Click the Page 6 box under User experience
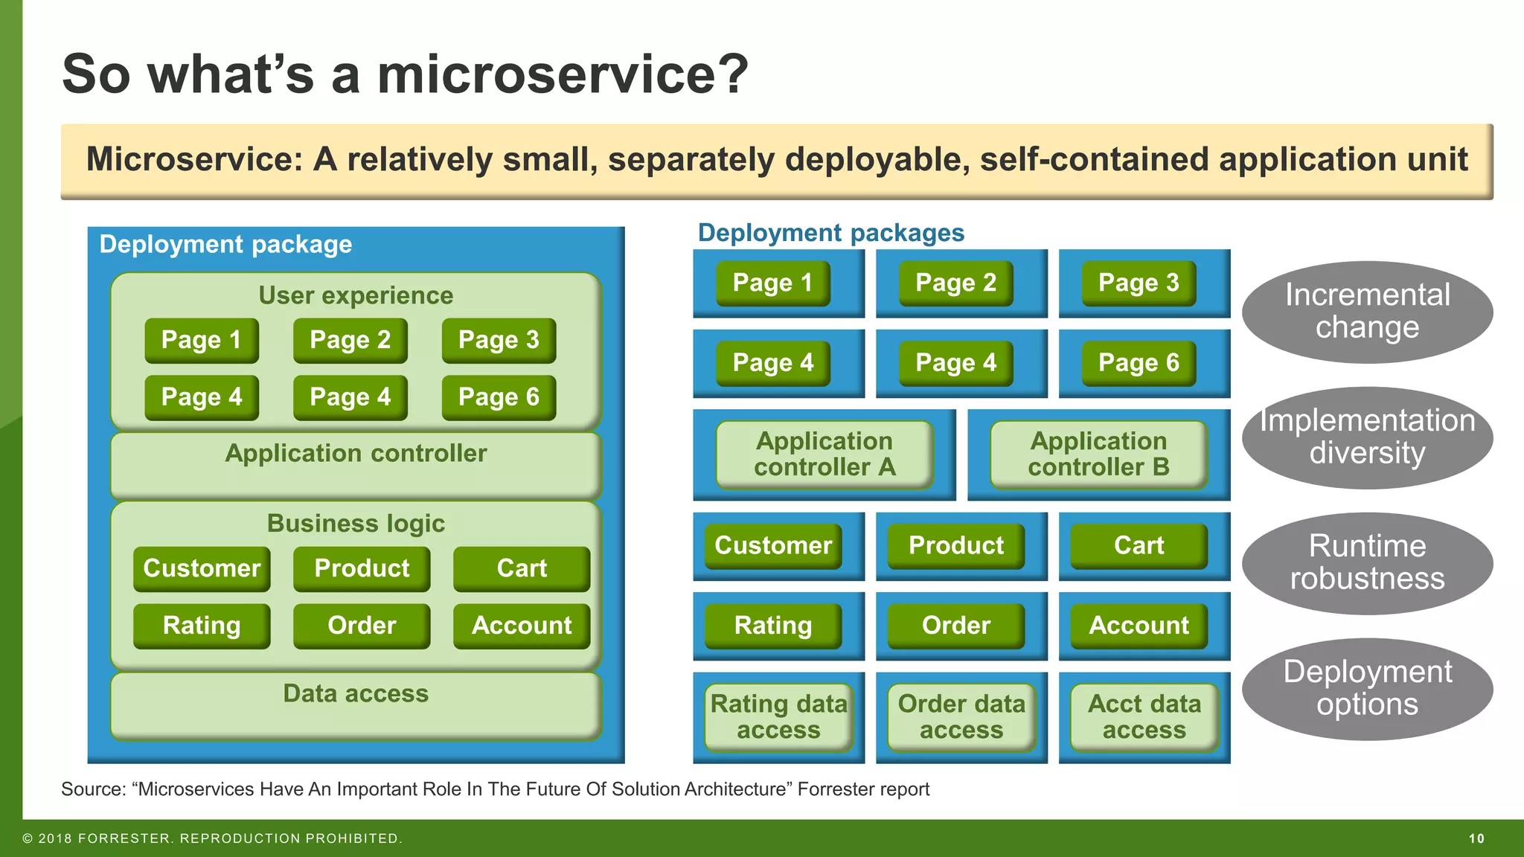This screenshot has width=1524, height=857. pyautogui.click(x=499, y=397)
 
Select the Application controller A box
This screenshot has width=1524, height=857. pyautogui.click(x=825, y=454)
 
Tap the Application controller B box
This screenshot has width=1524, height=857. pyautogui.click(x=1098, y=454)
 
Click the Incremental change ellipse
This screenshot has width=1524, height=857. pyautogui.click(x=1367, y=312)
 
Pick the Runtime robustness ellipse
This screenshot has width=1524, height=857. pyautogui.click(x=1367, y=562)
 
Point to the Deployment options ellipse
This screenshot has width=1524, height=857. pyautogui.click(x=1367, y=688)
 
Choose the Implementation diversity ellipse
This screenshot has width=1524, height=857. pyautogui.click(x=1367, y=437)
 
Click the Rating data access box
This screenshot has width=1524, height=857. pyautogui.click(x=778, y=717)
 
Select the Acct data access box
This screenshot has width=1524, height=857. pyautogui.click(x=1144, y=717)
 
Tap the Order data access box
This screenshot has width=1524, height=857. pyautogui.click(x=961, y=717)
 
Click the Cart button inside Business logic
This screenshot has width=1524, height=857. pyautogui.click(x=521, y=568)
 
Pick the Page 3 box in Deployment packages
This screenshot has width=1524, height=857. pyautogui.click(x=1139, y=283)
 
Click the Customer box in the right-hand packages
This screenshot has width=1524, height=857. pyautogui.click(x=773, y=545)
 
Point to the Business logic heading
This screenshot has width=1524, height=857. pyautogui.click(x=356, y=524)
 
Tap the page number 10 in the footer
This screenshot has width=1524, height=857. pyautogui.click(x=1476, y=838)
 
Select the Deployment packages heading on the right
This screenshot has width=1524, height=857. pyautogui.click(x=830, y=233)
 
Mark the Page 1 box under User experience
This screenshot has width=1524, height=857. pyautogui.click(x=202, y=340)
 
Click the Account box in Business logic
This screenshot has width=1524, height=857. pyautogui.click(x=521, y=626)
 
